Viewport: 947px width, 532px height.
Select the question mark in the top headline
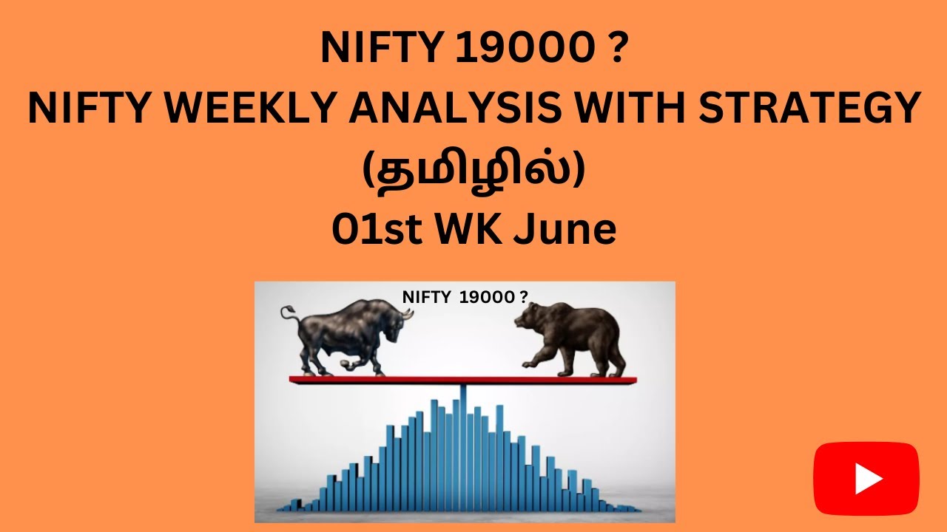pyautogui.click(x=618, y=50)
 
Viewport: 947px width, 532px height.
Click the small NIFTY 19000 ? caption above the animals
pyautogui.click(x=465, y=297)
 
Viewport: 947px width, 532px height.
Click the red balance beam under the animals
pyautogui.click(x=462, y=381)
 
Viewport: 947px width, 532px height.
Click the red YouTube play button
pyautogui.click(x=866, y=479)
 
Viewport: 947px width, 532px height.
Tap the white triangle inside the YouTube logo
pyautogui.click(x=867, y=480)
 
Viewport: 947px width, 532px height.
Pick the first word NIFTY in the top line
pyautogui.click(x=380, y=50)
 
